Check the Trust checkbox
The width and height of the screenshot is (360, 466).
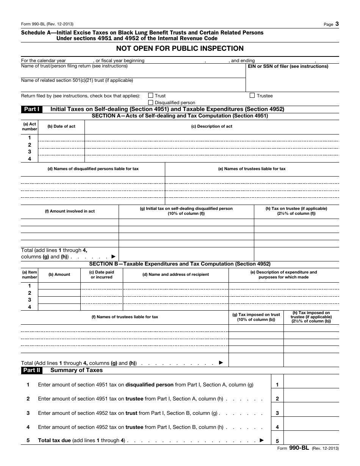[x=151, y=96]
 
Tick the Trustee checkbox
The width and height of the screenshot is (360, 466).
[x=252, y=96]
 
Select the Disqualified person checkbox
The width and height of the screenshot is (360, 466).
[x=151, y=103]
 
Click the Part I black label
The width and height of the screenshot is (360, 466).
[x=32, y=109]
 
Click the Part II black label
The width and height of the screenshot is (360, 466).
[x=32, y=370]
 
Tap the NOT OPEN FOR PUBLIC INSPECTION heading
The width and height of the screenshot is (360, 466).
[x=180, y=48]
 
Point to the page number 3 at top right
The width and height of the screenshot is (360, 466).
[x=337, y=24]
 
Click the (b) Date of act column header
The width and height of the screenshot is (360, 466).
[x=61, y=127]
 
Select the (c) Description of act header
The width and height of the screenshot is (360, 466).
[x=211, y=127]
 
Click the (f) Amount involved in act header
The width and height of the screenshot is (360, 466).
[x=70, y=211]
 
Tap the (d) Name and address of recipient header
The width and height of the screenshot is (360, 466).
[x=175, y=274]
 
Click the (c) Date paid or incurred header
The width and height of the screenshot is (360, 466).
[x=102, y=275]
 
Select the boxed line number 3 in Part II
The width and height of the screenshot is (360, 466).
[x=277, y=413]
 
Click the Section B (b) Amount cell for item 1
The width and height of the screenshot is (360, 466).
[x=59, y=286]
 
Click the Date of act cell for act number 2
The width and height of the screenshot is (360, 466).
[x=61, y=145]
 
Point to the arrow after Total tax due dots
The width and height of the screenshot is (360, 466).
[x=261, y=441]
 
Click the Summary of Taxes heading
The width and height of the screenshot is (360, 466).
[x=77, y=370]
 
